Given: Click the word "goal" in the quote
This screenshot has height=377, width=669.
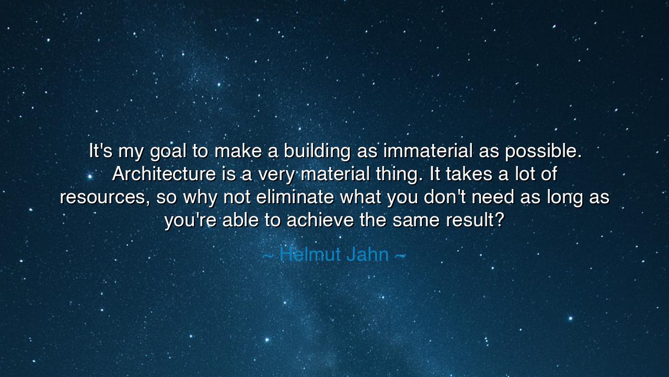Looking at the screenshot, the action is (x=168, y=152).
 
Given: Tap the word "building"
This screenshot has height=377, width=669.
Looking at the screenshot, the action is (x=317, y=152).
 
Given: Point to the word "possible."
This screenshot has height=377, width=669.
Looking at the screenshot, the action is (x=543, y=152).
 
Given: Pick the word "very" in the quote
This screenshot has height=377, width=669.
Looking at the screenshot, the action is (x=276, y=175).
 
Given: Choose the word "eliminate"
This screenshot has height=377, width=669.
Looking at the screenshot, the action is (x=295, y=196).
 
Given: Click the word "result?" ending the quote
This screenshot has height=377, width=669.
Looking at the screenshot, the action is (x=475, y=219).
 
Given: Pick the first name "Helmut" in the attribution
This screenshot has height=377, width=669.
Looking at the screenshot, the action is (x=310, y=254).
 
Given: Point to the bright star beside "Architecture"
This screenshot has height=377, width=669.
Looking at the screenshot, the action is (x=90, y=176).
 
